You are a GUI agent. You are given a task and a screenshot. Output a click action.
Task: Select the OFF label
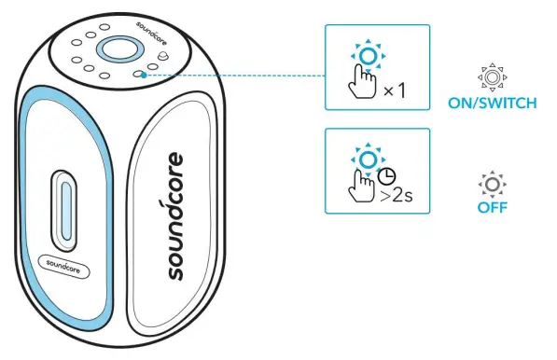click(492, 206)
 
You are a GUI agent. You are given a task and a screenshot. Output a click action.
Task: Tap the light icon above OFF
click(492, 181)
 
